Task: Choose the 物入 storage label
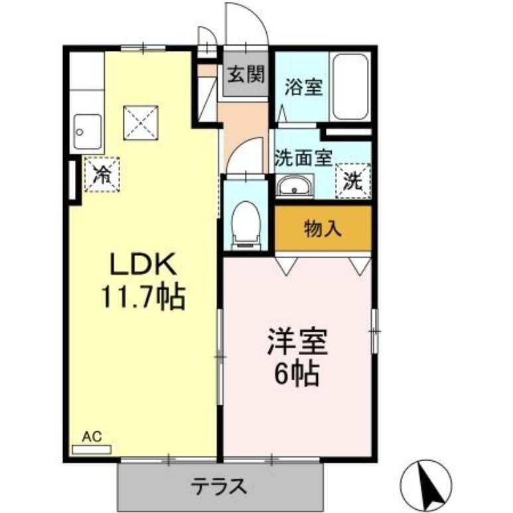pos(323,229)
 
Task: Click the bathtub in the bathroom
pos(350,86)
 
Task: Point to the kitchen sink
pos(86,131)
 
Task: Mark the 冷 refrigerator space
pos(102,175)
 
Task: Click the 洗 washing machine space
pos(352,179)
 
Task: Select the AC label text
pos(90,437)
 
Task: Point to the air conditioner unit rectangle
pos(92,449)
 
